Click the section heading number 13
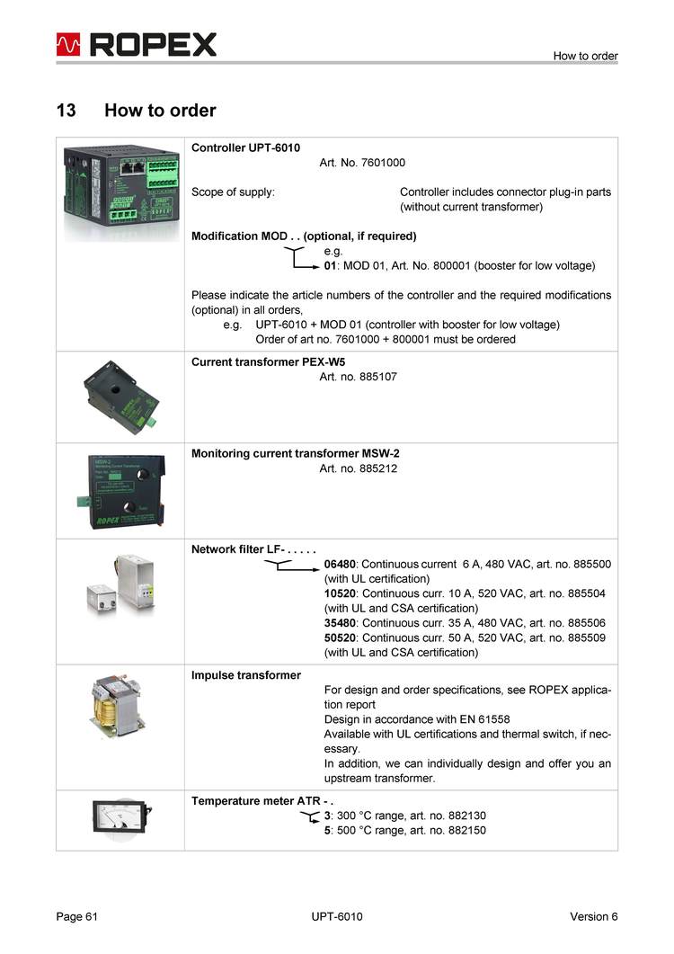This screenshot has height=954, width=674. [66, 111]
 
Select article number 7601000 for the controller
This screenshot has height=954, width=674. [383, 163]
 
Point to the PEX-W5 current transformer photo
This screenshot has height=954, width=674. [120, 397]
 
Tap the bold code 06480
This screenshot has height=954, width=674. [341, 564]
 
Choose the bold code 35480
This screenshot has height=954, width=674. [341, 622]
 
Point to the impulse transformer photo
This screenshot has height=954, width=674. [120, 727]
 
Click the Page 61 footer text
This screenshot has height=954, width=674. [76, 916]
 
